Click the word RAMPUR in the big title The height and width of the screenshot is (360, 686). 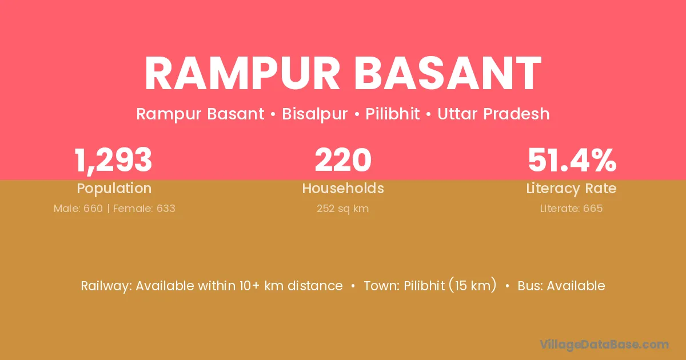[x=242, y=73]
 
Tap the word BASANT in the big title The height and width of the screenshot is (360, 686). [x=448, y=73]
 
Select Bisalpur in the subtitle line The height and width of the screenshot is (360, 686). [x=314, y=114]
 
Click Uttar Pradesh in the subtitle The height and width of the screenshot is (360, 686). [x=493, y=114]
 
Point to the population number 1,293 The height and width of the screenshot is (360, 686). [x=113, y=161]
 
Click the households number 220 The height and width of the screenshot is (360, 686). [x=343, y=160]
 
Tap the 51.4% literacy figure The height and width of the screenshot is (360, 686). [x=572, y=160]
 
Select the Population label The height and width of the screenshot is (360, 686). [x=114, y=189]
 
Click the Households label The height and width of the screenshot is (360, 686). [x=343, y=188]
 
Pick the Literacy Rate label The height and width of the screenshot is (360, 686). [x=571, y=189]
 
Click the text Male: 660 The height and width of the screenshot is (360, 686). [x=78, y=209]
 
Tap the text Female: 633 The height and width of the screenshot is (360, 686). [x=144, y=209]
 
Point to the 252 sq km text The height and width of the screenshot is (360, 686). [x=342, y=209]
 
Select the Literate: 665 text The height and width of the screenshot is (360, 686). [x=571, y=209]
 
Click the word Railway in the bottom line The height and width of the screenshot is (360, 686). [x=106, y=286]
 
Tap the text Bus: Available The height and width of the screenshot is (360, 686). [x=561, y=286]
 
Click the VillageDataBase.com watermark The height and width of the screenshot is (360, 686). [x=604, y=345]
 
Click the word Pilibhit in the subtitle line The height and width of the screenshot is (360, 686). [x=392, y=114]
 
